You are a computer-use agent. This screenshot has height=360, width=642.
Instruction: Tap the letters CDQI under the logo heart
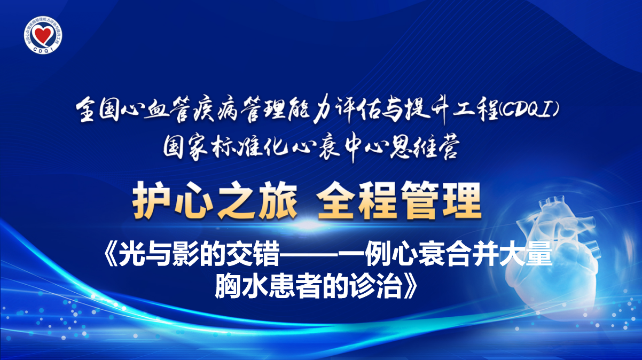click(x=43, y=49)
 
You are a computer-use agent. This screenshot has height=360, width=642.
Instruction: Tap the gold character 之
click(x=236, y=201)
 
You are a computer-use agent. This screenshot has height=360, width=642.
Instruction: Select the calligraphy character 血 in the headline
click(x=158, y=111)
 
